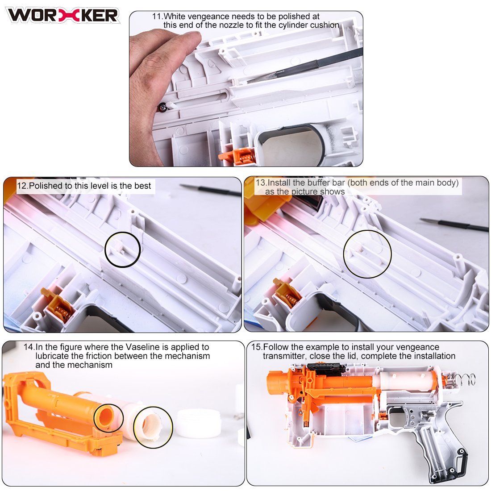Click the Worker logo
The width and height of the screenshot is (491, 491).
(x=62, y=15)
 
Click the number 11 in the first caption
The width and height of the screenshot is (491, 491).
(x=157, y=16)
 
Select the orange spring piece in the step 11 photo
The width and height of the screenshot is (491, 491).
(x=237, y=156)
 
